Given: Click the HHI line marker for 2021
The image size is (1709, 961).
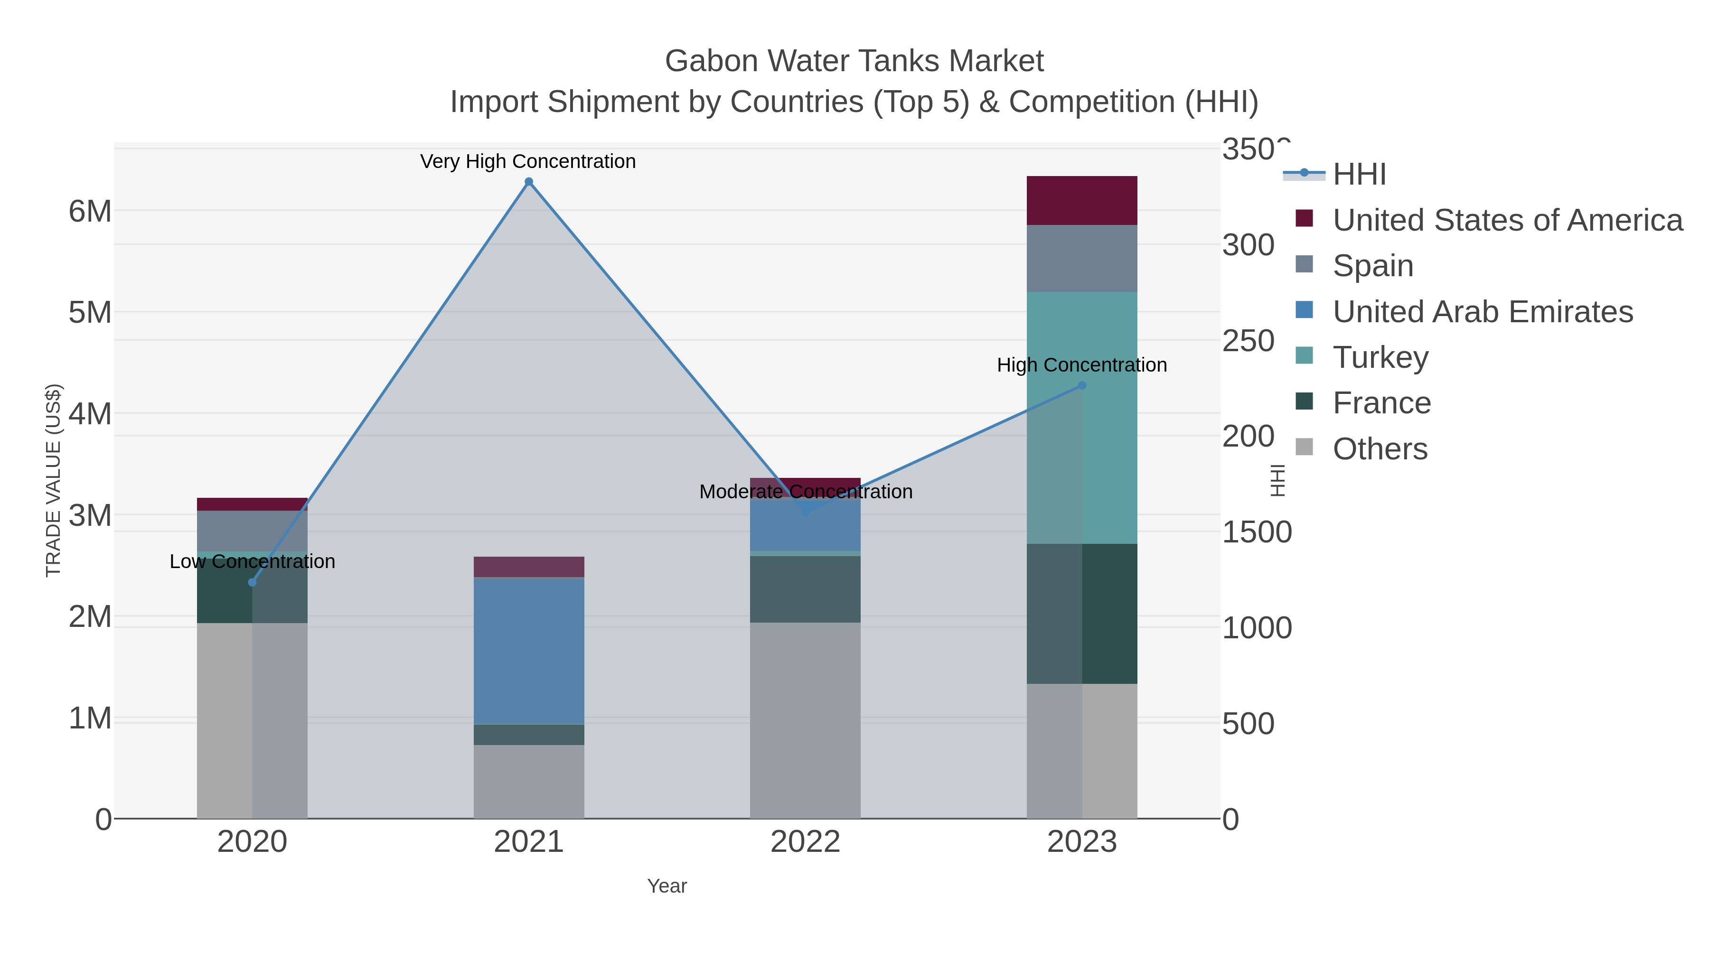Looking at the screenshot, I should coord(529,182).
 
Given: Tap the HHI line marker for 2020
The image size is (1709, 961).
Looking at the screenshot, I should coord(252,582).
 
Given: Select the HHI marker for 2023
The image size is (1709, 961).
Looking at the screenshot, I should coord(1082,385).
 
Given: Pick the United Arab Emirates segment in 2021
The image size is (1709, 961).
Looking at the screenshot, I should coord(529,650).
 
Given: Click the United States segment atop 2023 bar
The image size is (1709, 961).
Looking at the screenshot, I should coord(1082,200).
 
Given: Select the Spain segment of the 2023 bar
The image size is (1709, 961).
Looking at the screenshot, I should coord(1082,258).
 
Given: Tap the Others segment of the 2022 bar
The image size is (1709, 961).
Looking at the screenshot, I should coord(806,719).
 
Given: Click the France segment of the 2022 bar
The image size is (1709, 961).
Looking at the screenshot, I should coord(806,589).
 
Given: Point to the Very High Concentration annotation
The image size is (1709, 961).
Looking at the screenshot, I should coord(528,161).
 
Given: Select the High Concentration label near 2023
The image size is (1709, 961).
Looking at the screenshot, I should coord(1082,365).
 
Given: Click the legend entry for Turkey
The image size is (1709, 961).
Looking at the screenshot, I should coord(1380,357).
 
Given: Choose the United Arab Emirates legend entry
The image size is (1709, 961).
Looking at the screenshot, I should coord(1482,312).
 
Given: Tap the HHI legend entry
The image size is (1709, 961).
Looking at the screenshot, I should coord(1359,175).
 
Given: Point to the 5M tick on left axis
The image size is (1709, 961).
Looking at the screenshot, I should coord(90,312).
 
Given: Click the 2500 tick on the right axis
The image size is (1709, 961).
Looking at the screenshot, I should coord(1249,342).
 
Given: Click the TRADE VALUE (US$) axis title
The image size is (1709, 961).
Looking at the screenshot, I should coord(53,480).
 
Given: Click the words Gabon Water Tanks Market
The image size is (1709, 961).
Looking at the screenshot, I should coord(854,61).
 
